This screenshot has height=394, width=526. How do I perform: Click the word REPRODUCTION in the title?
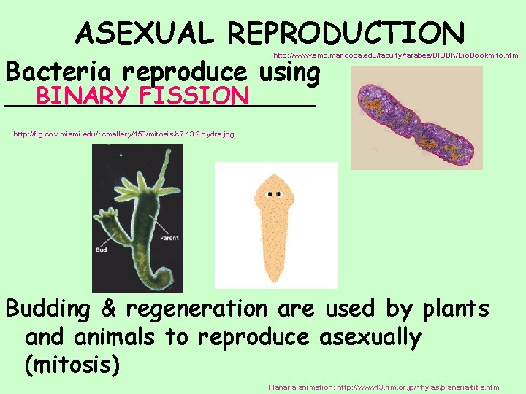pos(346,33)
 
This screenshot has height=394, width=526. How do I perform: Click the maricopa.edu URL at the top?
pos(397,55)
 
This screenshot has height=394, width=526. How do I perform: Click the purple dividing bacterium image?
pos(416,117)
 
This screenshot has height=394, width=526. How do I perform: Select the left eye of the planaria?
pos(270,194)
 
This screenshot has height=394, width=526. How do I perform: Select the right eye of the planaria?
pos(279,194)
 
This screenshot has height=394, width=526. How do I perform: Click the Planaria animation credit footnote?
pos(384,387)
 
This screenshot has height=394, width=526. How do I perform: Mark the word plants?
pos(456,309)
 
